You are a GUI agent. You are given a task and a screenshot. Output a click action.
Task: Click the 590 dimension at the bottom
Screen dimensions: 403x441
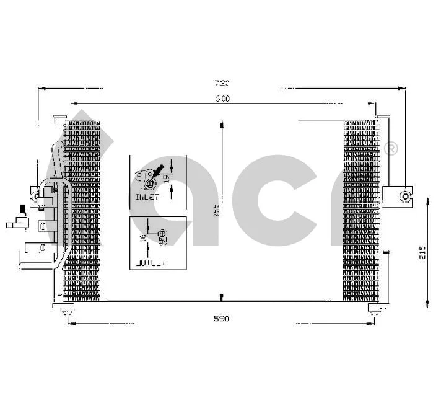221,319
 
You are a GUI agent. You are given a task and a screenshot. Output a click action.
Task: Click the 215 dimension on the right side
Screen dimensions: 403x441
422,253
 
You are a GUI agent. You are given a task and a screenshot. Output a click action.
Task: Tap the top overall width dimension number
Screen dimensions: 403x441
222,83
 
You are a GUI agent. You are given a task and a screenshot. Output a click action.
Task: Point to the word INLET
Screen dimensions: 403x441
147,197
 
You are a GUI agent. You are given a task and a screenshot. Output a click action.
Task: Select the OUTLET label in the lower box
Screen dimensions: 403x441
151,263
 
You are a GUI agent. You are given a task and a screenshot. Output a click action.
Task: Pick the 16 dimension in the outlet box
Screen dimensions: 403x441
142,238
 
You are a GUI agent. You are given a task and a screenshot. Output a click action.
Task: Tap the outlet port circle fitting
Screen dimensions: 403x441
162,235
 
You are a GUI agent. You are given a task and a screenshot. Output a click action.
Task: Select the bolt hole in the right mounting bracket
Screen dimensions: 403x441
404,197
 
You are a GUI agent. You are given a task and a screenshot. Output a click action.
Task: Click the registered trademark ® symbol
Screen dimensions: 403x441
391,148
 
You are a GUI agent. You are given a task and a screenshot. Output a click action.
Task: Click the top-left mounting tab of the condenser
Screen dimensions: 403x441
59,117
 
